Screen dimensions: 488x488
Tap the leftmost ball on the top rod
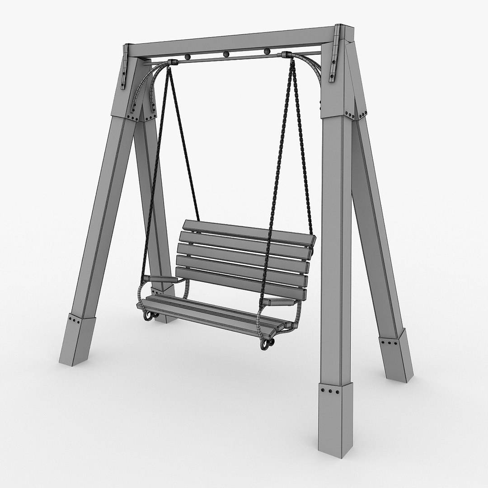pos(187,57)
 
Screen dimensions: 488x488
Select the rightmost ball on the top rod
pos(266,51)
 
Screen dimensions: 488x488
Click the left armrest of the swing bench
pos(161,279)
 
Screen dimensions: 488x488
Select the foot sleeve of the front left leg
pos(77,339)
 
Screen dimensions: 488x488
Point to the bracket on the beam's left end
pos(127,61)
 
